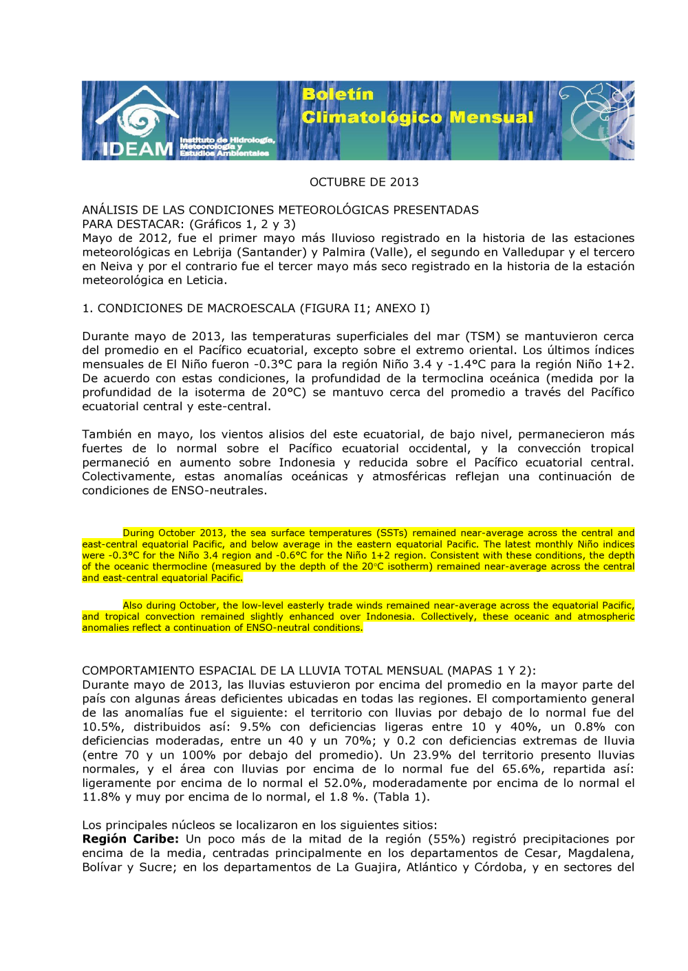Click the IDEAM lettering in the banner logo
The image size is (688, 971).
[x=137, y=148]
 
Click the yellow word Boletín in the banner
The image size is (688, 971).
[x=337, y=94]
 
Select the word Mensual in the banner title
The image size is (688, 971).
[x=491, y=118]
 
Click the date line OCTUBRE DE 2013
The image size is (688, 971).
[x=364, y=182]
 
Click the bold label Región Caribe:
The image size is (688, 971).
[x=130, y=839]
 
